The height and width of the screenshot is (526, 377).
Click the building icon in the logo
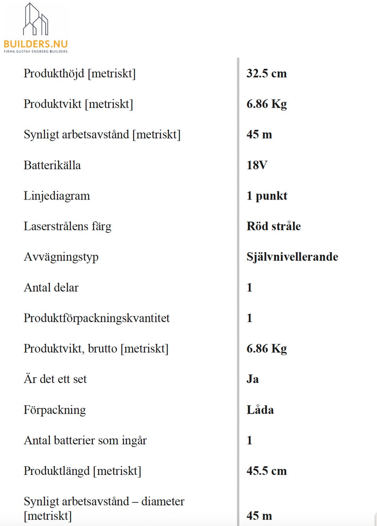[x=35, y=19]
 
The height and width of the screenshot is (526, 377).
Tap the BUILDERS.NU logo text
[x=36, y=44]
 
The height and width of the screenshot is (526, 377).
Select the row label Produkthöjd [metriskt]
[x=79, y=73]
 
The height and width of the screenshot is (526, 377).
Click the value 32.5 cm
[x=266, y=73]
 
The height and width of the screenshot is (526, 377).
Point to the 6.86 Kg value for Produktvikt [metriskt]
[x=266, y=104]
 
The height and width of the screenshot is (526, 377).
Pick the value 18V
[x=257, y=165]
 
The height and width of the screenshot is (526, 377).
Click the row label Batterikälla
[x=52, y=165]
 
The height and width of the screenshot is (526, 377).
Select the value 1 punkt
[x=267, y=196]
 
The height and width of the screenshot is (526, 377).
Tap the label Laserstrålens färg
[x=68, y=226]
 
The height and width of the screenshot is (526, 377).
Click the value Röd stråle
[x=273, y=226]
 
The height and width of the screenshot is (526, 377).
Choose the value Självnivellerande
[x=292, y=257]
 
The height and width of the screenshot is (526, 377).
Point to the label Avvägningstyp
[x=61, y=257]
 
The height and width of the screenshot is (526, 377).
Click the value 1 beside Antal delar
[x=249, y=288]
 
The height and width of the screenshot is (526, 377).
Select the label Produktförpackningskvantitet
[x=97, y=318]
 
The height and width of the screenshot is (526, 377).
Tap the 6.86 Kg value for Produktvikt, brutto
[x=266, y=349]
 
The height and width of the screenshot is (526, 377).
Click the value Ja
[x=253, y=379]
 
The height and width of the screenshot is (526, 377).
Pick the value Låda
[x=260, y=410]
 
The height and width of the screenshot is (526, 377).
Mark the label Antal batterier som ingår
[x=85, y=440]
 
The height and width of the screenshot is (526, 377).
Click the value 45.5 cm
[x=266, y=471]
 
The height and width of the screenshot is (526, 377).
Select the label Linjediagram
[x=57, y=196]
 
